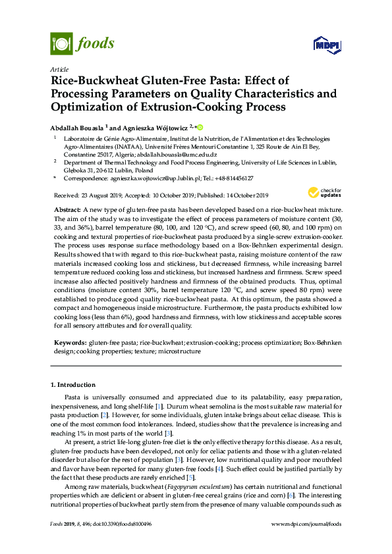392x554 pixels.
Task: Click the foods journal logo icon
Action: coord(61,44)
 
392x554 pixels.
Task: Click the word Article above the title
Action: coord(59,69)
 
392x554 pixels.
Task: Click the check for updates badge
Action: coord(320,193)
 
